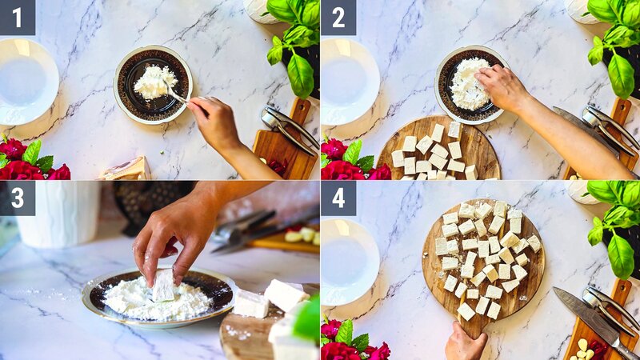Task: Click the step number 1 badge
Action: [17, 17]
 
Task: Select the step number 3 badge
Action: [17, 198]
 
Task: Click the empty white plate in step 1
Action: [26, 82]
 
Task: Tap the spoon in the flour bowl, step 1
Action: [177, 96]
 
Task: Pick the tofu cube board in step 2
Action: [438, 152]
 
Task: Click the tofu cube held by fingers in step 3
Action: [164, 285]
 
